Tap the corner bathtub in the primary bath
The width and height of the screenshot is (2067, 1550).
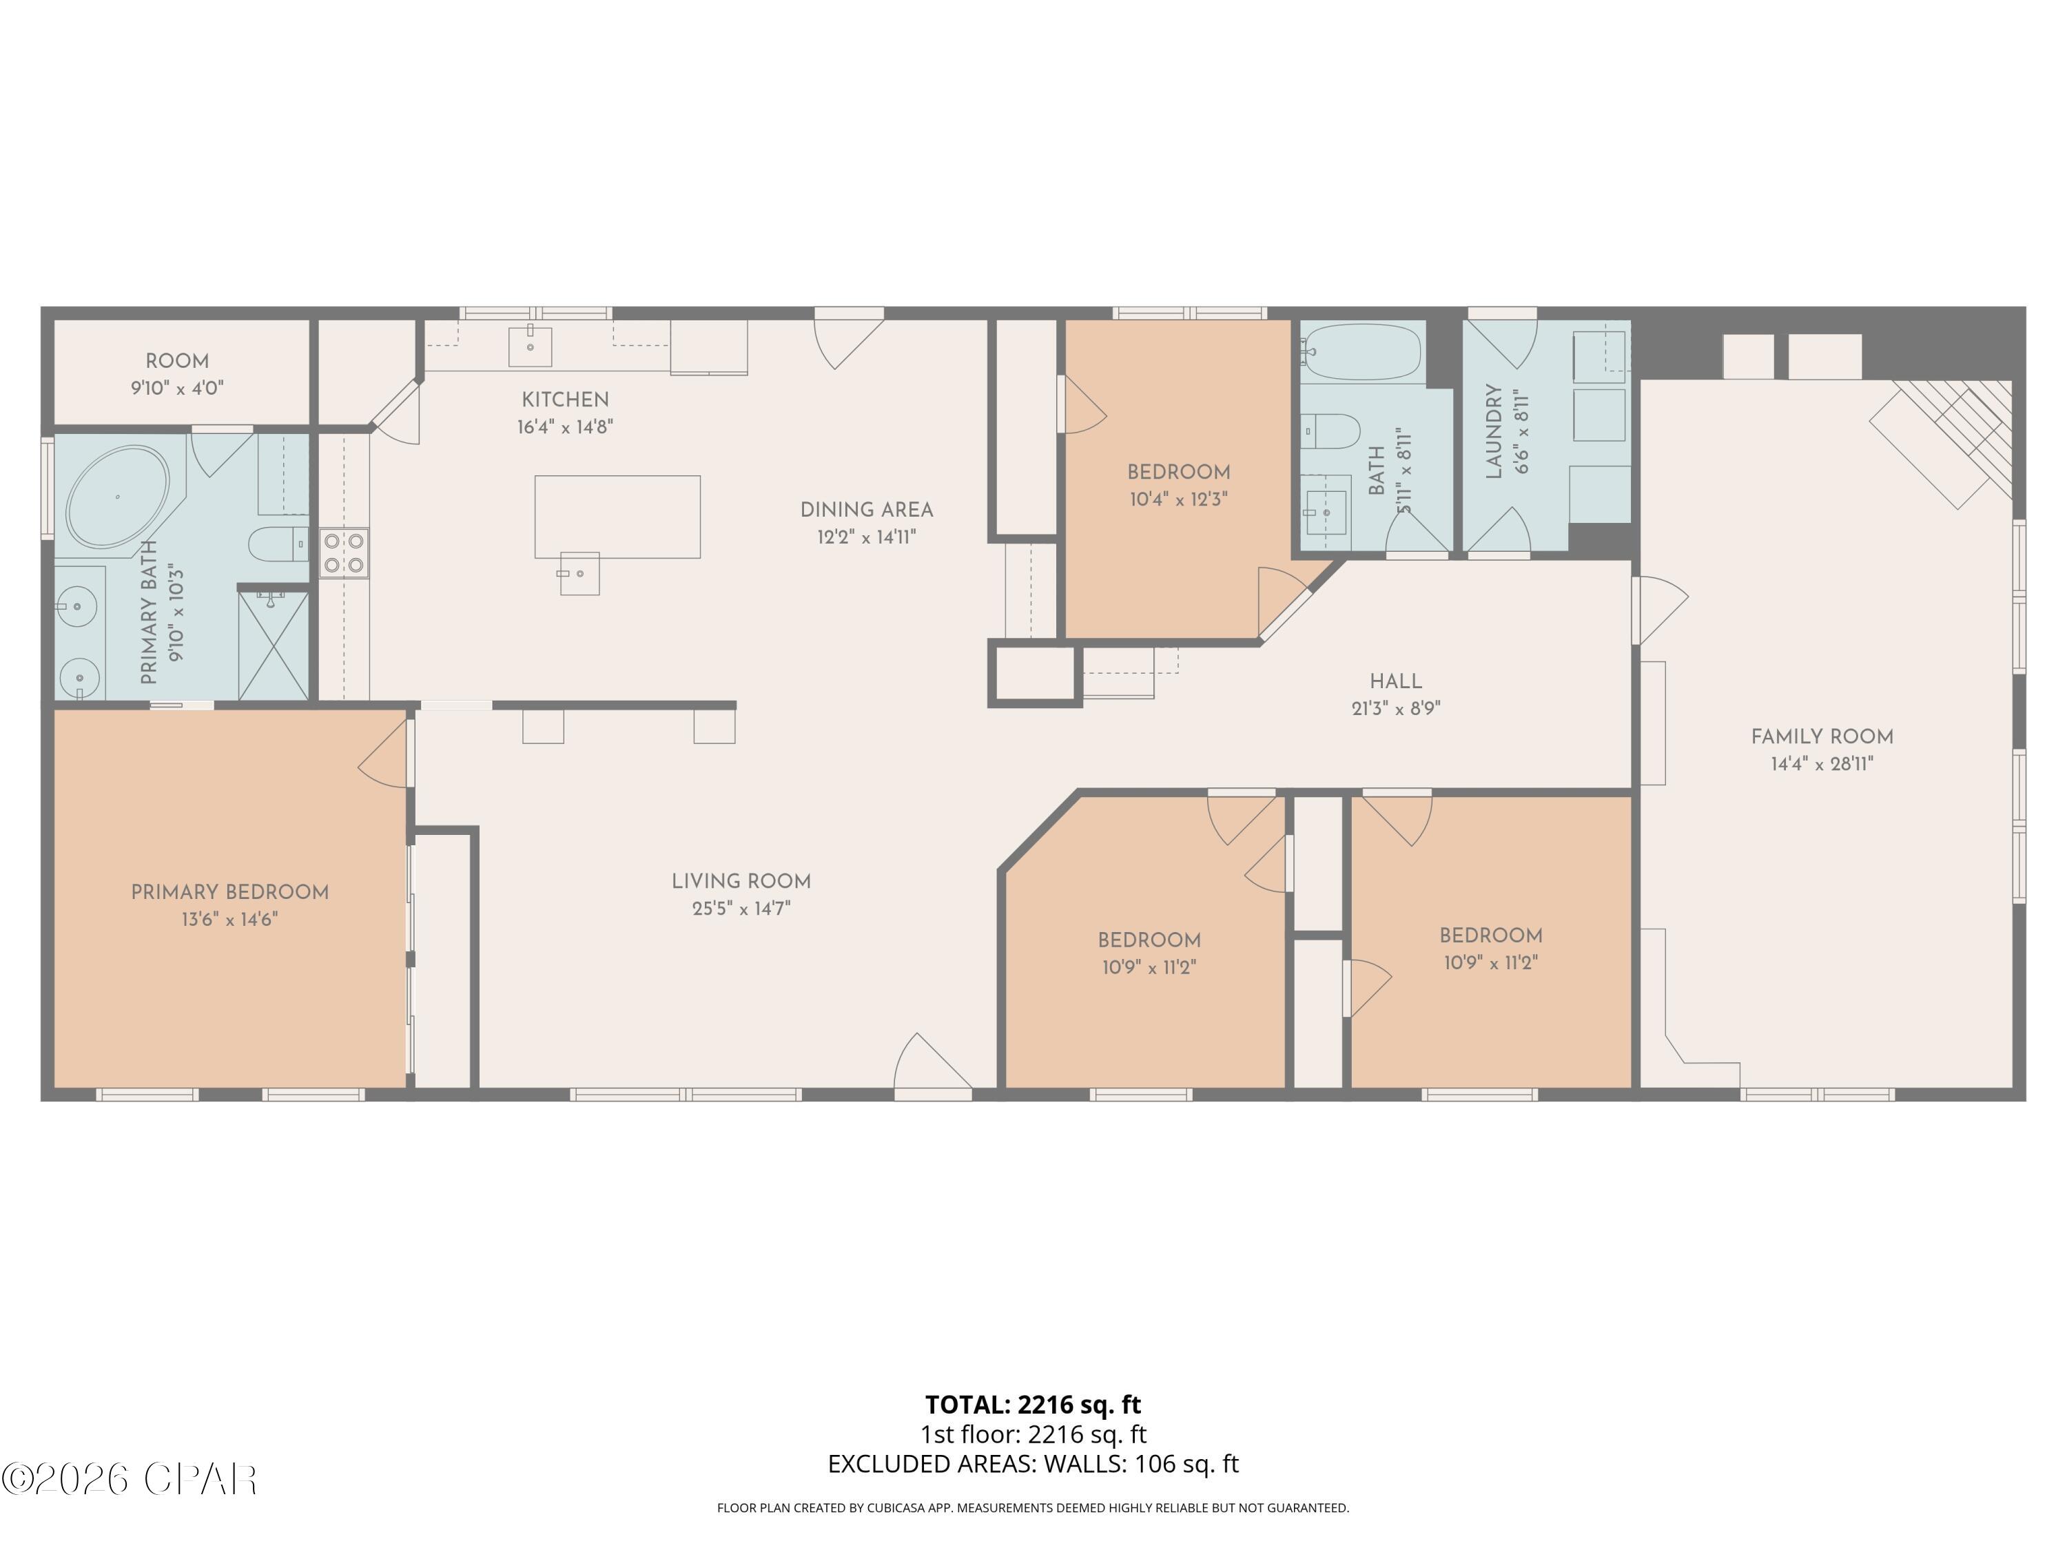[118, 497]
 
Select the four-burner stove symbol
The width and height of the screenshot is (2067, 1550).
[344, 553]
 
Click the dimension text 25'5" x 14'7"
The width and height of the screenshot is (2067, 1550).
[741, 908]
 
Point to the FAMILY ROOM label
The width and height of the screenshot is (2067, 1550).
[1821, 737]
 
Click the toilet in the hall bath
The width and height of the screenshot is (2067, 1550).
[1330, 432]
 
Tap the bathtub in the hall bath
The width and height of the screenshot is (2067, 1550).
[1362, 352]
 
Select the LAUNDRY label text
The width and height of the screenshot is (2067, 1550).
[1493, 432]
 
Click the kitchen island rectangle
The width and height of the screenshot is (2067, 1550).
[617, 516]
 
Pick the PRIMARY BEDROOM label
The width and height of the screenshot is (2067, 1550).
[230, 892]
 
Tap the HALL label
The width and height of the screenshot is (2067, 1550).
[1395, 682]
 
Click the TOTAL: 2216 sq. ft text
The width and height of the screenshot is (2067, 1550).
[1033, 1404]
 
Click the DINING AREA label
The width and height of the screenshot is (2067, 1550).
[866, 510]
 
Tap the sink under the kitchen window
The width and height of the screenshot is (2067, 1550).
[530, 347]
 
